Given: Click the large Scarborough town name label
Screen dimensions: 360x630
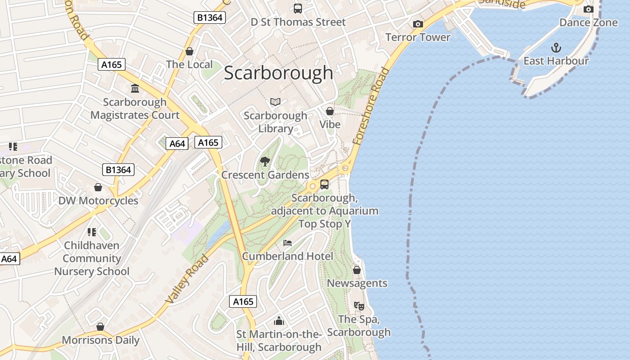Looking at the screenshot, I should point(278,73).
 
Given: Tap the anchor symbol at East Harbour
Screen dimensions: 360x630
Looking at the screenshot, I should point(556,48).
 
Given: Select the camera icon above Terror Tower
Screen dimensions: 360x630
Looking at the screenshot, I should point(418,24).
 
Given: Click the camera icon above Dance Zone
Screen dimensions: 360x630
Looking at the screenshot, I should point(588,9).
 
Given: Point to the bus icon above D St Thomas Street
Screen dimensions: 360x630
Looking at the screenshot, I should point(297,8).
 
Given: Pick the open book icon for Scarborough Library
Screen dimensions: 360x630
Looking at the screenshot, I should point(275,102).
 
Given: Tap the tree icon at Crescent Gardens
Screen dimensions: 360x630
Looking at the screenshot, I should point(265,162).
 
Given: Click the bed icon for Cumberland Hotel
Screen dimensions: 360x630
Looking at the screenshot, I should point(288,243).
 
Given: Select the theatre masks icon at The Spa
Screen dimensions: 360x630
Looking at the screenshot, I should point(359,306).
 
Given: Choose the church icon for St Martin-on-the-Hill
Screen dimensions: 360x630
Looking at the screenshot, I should point(279,321).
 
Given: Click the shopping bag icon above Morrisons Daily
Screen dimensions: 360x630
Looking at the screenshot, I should point(100,327).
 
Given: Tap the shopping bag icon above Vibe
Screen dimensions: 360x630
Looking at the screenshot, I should point(330,111).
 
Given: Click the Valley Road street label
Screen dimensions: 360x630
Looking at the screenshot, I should point(187,279).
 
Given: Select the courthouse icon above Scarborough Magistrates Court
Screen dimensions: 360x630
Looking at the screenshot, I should point(135,88).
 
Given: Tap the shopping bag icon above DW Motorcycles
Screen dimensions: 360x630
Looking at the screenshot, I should point(98,187).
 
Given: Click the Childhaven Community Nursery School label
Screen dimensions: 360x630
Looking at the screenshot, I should point(92,258).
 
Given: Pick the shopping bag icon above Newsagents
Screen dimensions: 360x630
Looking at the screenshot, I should point(357,270).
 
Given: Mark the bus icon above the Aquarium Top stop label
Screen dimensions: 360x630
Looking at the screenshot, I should point(324,184).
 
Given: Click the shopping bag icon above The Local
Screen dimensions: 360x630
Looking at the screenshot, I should point(189,51).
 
